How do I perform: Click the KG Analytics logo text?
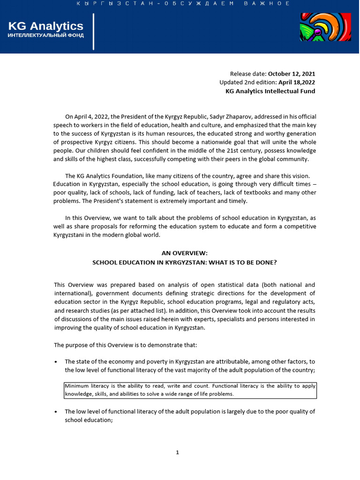point(45,26)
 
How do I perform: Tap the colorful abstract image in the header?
point(325,27)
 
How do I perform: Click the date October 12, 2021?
point(292,74)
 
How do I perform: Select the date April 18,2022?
point(297,82)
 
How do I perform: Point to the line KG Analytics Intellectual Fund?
point(270,91)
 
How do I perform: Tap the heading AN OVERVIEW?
point(184,253)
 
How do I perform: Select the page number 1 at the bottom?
point(178,452)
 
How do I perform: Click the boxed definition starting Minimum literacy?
point(190,390)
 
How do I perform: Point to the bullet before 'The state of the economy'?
point(56,362)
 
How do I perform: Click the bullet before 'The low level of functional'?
point(56,412)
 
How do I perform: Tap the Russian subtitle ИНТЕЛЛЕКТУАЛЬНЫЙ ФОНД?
point(46,36)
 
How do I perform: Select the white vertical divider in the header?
point(94,32)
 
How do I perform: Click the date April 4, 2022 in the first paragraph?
point(91,116)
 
